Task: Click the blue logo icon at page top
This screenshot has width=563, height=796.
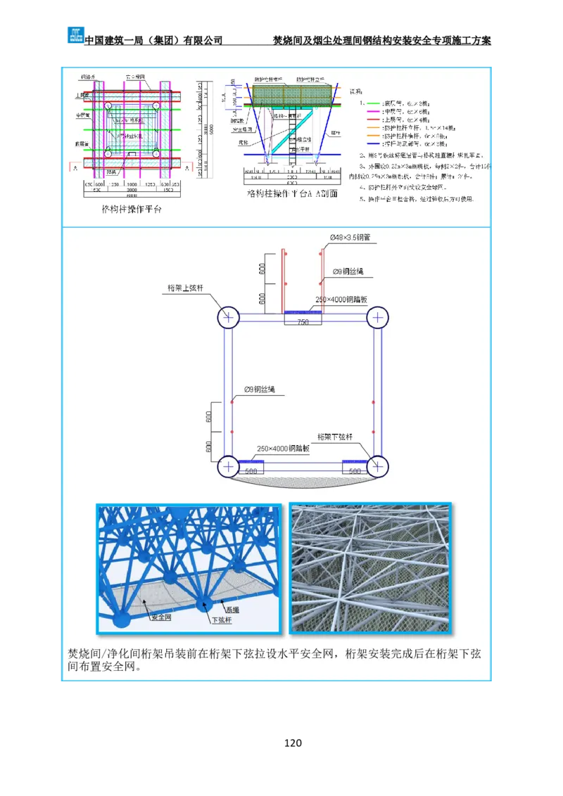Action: coord(75,34)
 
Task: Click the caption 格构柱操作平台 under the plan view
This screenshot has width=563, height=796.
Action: coord(132,209)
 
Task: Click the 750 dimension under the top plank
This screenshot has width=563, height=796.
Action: coord(303,322)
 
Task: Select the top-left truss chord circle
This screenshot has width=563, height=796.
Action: coord(228,317)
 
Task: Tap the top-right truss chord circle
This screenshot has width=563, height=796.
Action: coord(378,317)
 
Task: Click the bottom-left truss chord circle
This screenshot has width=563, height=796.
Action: coord(228,466)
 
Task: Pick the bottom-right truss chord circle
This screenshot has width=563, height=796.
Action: coord(378,466)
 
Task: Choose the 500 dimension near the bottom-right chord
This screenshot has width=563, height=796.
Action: coord(355,471)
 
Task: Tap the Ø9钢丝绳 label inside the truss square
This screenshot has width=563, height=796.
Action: coord(260,389)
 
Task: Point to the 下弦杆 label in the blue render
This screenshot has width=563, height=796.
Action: coord(221,620)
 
